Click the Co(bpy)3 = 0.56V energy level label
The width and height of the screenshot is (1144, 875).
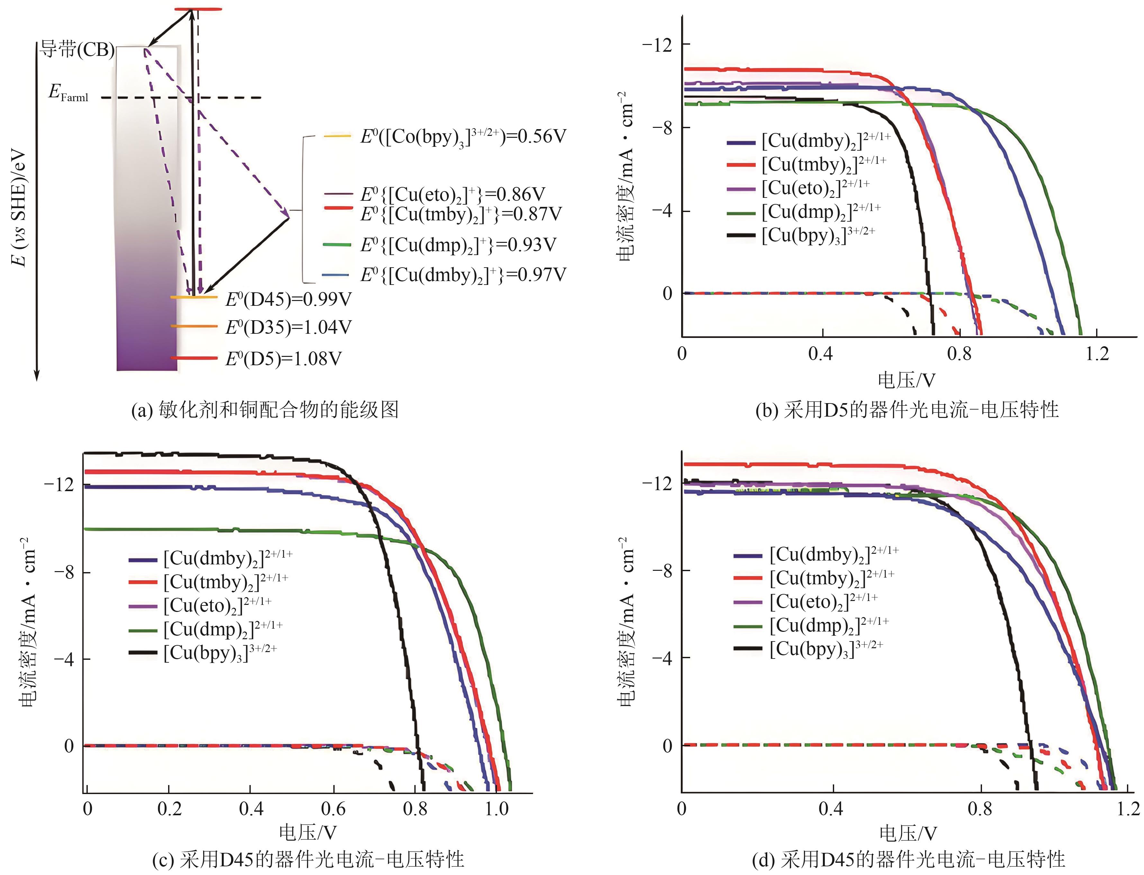463,137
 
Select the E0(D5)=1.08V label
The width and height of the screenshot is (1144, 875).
283,359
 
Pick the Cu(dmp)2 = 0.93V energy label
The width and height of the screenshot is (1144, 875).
458,245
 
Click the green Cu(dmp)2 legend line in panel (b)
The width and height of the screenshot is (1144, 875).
741,213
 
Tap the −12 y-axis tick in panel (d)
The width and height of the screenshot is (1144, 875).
658,483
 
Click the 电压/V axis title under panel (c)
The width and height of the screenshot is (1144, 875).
308,832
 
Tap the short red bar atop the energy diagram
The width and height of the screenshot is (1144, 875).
198,9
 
